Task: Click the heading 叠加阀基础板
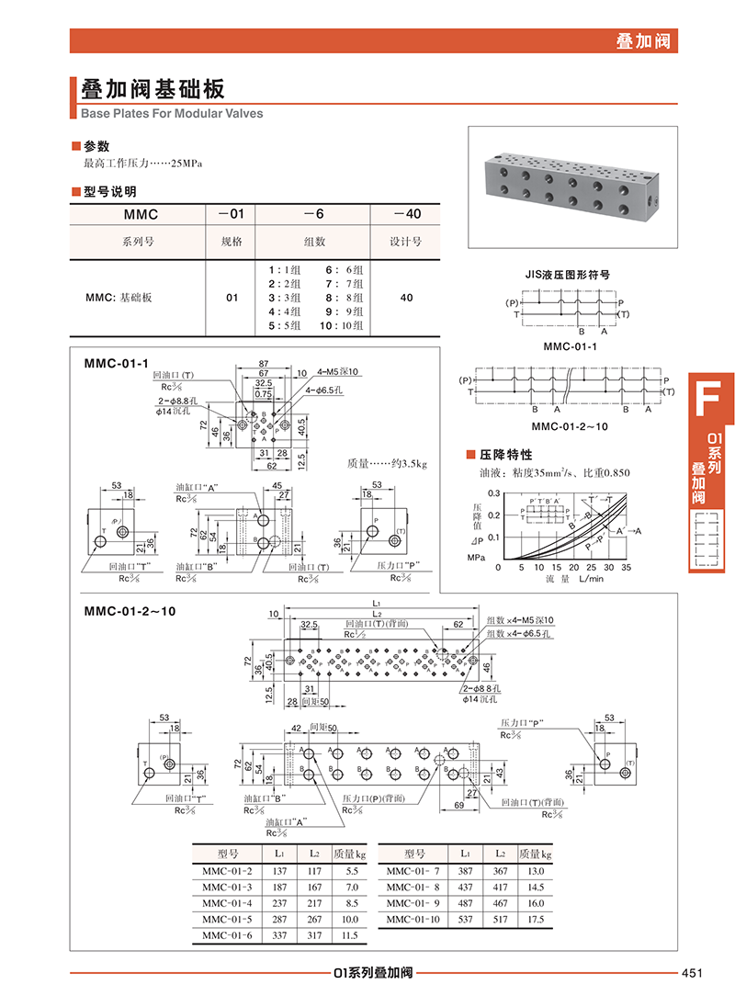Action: tap(153, 89)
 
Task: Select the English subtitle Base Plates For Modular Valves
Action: tap(172, 114)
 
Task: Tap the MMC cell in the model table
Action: tap(141, 214)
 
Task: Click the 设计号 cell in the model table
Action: tap(405, 243)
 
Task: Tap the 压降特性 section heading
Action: tap(505, 455)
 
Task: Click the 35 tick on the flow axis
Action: tap(627, 568)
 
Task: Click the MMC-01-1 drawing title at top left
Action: tap(116, 364)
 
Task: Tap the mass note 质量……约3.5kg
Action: tap(387, 464)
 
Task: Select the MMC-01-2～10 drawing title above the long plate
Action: tap(129, 609)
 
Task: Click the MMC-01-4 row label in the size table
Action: tap(227, 903)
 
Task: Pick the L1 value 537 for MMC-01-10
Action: tap(465, 919)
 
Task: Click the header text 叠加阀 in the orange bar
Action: tap(643, 40)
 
